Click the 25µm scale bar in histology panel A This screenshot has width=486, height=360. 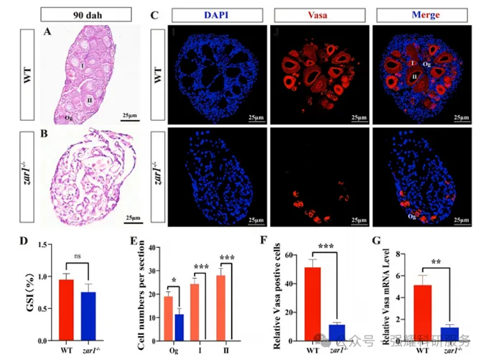tap(129, 119)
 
